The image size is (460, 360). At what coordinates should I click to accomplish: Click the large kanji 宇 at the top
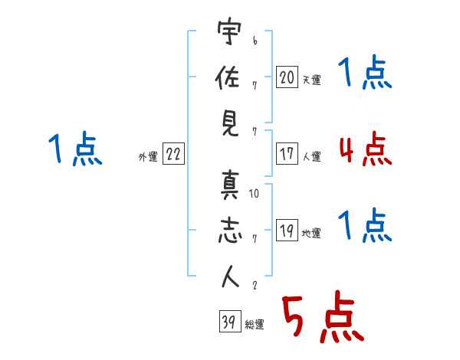click(x=229, y=31)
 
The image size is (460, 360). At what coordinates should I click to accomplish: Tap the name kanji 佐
click(x=228, y=77)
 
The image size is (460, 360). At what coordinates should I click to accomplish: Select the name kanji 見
click(x=230, y=124)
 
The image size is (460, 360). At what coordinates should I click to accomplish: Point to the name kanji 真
click(x=230, y=185)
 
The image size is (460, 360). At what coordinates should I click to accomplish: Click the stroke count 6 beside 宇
click(x=255, y=41)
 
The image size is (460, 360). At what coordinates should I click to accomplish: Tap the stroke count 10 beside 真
click(x=254, y=194)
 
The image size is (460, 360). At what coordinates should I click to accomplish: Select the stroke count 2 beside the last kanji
click(x=255, y=285)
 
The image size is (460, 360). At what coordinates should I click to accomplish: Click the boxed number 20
click(x=287, y=77)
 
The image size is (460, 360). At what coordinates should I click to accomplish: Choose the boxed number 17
click(x=287, y=153)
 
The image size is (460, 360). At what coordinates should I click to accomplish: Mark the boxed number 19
click(x=287, y=230)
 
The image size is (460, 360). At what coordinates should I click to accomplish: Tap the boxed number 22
click(x=173, y=154)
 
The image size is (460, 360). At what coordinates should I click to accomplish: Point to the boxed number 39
click(x=230, y=321)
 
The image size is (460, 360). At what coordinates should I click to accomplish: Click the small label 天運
click(x=311, y=80)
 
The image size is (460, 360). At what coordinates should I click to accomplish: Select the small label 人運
click(x=311, y=156)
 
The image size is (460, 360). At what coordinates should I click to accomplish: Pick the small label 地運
click(x=311, y=234)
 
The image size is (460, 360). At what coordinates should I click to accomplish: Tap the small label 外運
click(x=148, y=156)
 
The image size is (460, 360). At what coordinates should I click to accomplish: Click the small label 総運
click(x=255, y=324)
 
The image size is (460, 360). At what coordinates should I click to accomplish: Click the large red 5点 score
click(x=323, y=316)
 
